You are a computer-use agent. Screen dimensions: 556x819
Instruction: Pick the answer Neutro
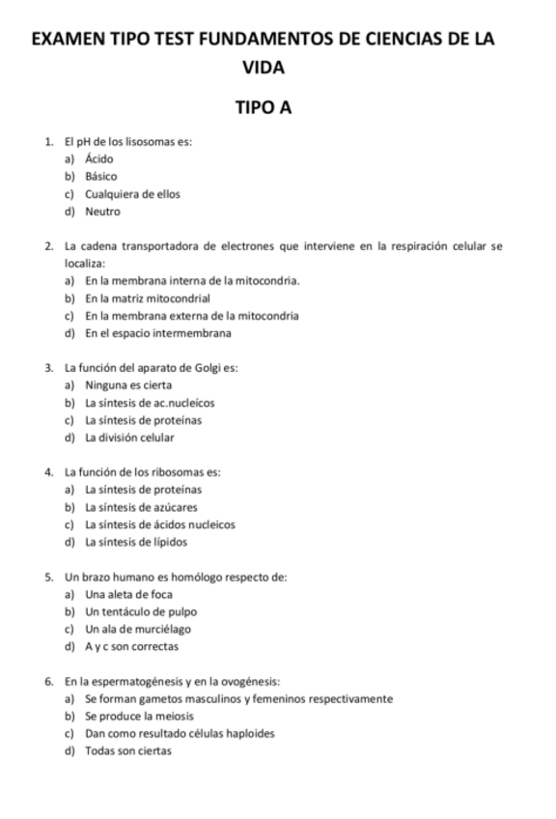[x=102, y=212]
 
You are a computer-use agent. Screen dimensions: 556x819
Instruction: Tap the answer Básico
[x=101, y=177]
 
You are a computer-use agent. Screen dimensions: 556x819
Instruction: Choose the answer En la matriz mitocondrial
[x=147, y=298]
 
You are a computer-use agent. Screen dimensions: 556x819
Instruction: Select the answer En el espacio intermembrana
[x=157, y=333]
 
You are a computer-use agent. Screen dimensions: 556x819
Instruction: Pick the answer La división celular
[x=129, y=438]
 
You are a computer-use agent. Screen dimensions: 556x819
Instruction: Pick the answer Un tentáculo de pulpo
[x=141, y=611]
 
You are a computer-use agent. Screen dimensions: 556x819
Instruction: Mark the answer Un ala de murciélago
[x=138, y=629]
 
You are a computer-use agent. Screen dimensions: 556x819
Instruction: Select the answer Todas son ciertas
[x=127, y=750]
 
